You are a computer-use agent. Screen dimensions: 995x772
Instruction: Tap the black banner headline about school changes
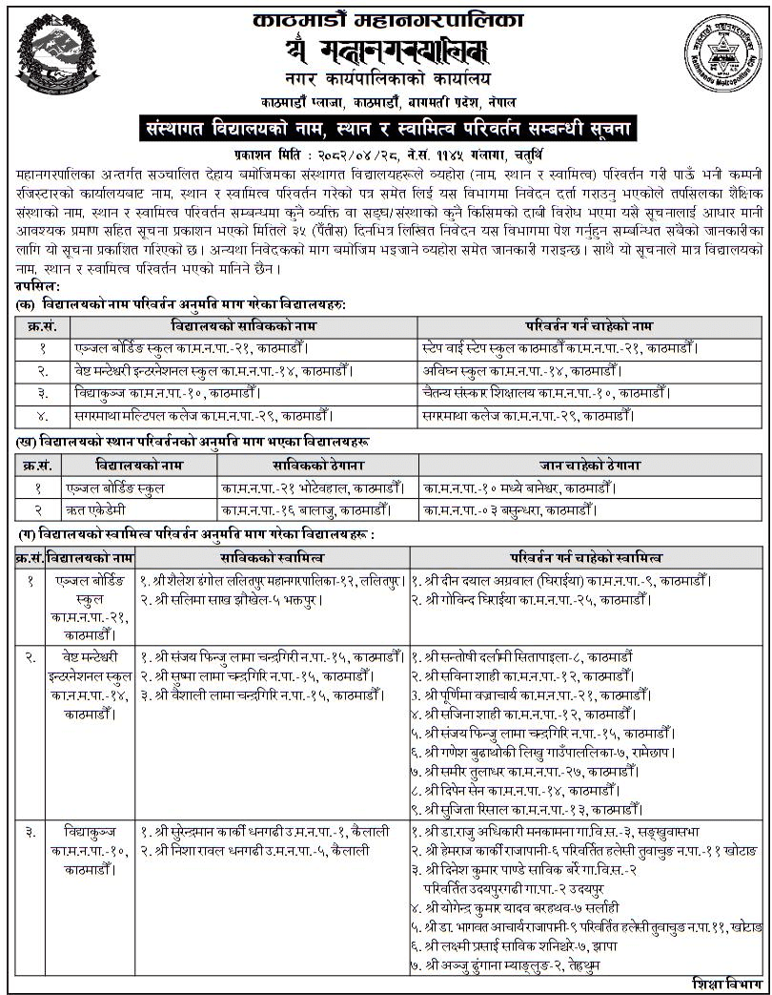(386, 126)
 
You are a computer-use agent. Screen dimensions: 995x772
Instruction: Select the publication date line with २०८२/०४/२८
(386, 153)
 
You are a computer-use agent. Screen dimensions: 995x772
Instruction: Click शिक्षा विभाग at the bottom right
(724, 984)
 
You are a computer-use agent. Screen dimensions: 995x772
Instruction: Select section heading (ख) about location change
(191, 442)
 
